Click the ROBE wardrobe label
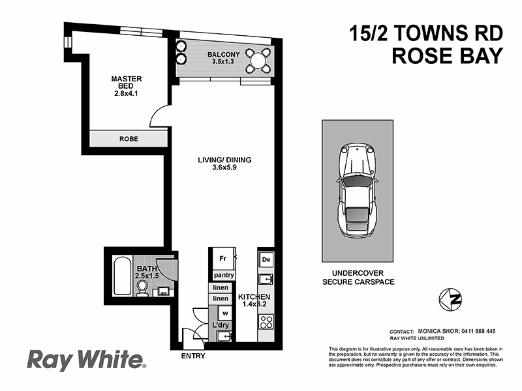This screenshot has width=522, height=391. pos(128,139)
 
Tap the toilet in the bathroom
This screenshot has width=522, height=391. pos(141,289)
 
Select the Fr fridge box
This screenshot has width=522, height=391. pos(222,258)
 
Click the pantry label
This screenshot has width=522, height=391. pos(224,276)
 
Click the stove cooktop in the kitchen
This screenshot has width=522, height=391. pos(266,322)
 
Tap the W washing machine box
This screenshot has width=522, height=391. pos(223,312)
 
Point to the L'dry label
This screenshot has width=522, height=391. pos(219,325)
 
